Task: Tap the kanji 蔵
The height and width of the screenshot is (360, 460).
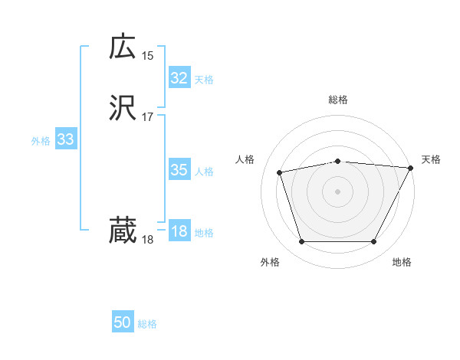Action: pos(123,230)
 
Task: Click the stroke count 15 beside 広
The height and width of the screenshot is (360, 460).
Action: pos(148,55)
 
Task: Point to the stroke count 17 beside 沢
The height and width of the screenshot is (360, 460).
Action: pos(148,117)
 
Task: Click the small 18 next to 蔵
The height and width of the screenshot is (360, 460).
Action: pos(148,240)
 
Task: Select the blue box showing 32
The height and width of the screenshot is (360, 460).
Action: pos(179,78)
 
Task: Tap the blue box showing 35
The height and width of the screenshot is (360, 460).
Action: pos(179,170)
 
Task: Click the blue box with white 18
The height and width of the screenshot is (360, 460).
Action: pos(179,231)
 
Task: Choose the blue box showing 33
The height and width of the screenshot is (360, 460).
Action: pos(65,139)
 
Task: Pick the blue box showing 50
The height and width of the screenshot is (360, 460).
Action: pos(123,323)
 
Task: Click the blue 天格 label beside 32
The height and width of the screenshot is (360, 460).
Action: pos(204,80)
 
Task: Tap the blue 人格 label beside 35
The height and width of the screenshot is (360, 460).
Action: pos(204,172)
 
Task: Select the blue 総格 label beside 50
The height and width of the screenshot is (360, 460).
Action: pos(148,325)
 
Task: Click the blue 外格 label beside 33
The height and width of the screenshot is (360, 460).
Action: pos(41,141)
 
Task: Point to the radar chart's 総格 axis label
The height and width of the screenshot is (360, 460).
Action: pos(338,100)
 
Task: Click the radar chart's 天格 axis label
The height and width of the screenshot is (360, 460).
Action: pos(431,159)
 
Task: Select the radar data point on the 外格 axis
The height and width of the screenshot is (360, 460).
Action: pos(301,242)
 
